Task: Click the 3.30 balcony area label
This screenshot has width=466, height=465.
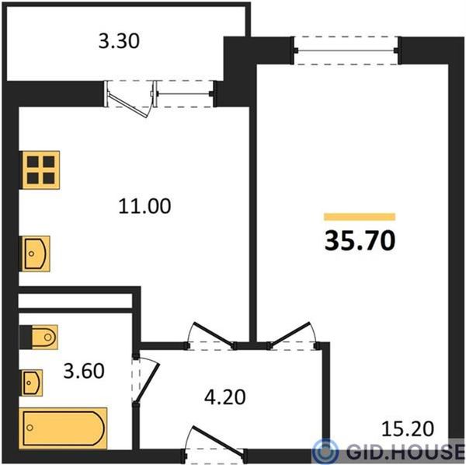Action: coord(119,41)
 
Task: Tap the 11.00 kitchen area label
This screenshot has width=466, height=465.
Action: coord(144,206)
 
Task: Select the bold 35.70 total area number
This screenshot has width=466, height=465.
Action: coord(360,241)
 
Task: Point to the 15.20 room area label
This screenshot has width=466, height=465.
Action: coord(408,429)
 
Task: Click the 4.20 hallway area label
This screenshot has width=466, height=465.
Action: coord(225,397)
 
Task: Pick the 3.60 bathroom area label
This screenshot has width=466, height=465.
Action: coord(84,371)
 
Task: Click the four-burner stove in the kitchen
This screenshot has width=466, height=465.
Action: coord(40,170)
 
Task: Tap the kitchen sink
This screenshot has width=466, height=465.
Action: coord(34,253)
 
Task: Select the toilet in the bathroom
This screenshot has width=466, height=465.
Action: coord(38,337)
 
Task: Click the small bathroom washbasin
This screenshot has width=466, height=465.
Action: coord(31,383)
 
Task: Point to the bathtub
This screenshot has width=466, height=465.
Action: coord(63,428)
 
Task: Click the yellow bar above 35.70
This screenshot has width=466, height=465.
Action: coord(360,217)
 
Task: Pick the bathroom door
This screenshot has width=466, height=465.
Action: coord(147,382)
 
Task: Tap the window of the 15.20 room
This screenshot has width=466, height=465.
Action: coord(346,51)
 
